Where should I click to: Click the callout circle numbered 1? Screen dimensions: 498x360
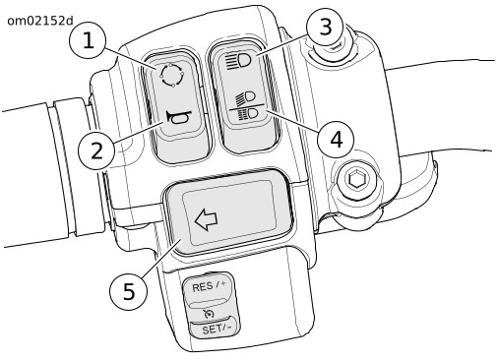pyautogui.click(x=88, y=41)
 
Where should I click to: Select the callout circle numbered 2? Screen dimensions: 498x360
pyautogui.click(x=96, y=151)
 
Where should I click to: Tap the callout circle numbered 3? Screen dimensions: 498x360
pyautogui.click(x=325, y=28)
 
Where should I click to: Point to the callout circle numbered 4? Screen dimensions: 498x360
pyautogui.click(x=336, y=140)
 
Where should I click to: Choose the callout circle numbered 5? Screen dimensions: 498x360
pyautogui.click(x=129, y=291)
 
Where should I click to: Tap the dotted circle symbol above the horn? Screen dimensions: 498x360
pyautogui.click(x=172, y=76)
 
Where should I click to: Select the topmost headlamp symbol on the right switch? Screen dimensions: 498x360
pyautogui.click(x=239, y=60)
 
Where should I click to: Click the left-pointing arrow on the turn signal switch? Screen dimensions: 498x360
pyautogui.click(x=206, y=220)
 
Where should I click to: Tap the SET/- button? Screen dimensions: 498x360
pyautogui.click(x=215, y=328)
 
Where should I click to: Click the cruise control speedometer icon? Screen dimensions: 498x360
pyautogui.click(x=209, y=314)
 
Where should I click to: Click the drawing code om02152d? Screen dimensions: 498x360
pyautogui.click(x=40, y=21)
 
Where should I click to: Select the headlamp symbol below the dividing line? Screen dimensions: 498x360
pyautogui.click(x=248, y=114)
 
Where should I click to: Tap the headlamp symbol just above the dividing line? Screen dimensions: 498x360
pyautogui.click(x=245, y=97)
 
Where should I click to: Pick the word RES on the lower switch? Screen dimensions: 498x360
pyautogui.click(x=202, y=287)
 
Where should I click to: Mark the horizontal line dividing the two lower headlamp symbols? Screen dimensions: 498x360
pyautogui.click(x=247, y=106)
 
